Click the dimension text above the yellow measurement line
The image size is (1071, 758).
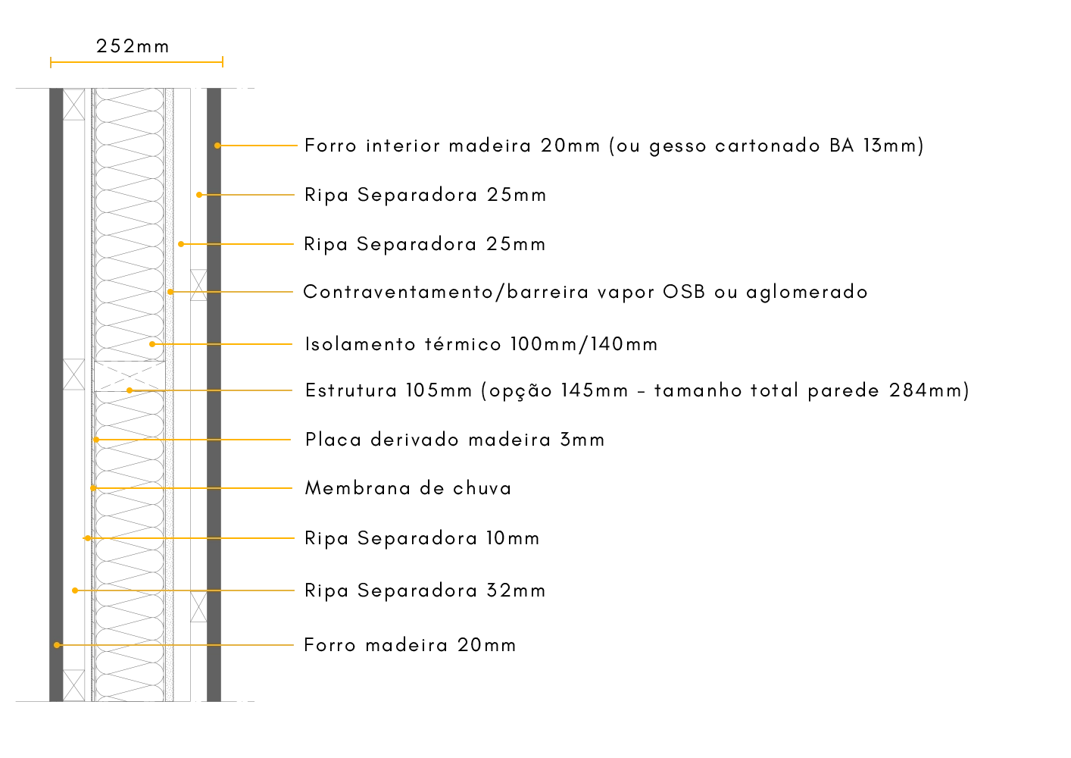coord(130,47)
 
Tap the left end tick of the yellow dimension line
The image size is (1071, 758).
coord(51,63)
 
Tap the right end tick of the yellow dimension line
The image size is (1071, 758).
coord(221,63)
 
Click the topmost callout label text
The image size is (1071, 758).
coord(614,145)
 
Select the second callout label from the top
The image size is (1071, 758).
coord(423,196)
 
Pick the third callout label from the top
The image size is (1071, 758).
coord(423,245)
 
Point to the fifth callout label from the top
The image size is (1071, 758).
coord(481,344)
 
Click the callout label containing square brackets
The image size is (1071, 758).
coord(635,391)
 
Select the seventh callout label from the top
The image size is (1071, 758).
coord(454,440)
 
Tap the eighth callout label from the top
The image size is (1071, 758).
coord(408,489)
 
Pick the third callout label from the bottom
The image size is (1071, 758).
coord(420,538)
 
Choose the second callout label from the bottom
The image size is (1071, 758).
coord(423,590)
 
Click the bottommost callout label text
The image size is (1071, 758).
coord(408,645)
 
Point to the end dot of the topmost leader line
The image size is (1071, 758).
coord(217,146)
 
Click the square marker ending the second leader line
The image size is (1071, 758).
coord(199,195)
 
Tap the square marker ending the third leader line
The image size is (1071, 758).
coord(181,243)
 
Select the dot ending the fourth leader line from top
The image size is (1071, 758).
coord(170,292)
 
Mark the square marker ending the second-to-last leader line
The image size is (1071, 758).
coord(75,590)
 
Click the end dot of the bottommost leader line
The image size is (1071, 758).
coord(57,645)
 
